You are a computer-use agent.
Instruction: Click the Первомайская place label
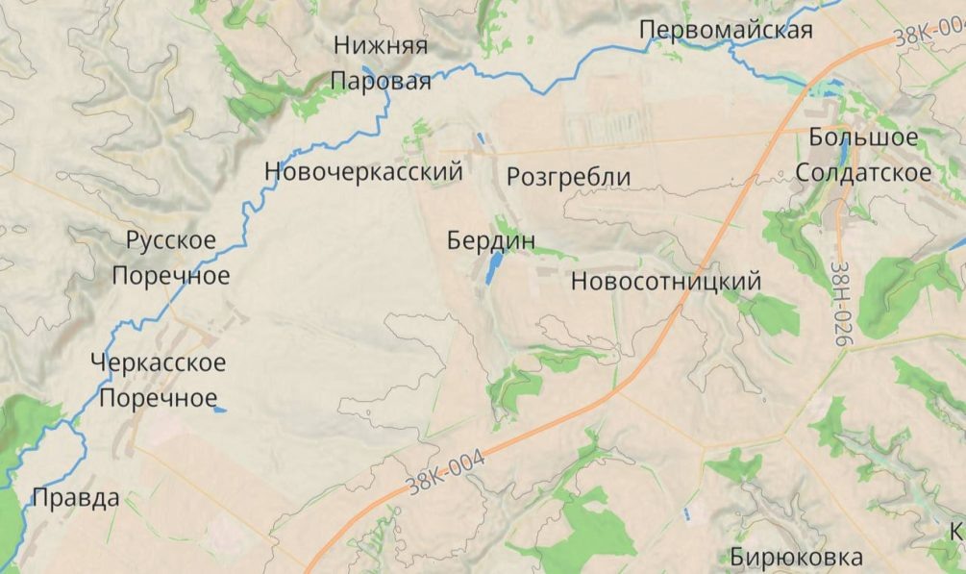coord(727,30)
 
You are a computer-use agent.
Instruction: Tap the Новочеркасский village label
coord(363,172)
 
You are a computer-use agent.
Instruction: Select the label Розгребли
coord(568,177)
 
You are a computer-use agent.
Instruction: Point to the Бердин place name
coord(491,240)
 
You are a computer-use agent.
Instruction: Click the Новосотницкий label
coord(665,282)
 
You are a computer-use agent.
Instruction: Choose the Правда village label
coord(76,498)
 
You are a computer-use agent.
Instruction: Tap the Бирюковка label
coord(796,557)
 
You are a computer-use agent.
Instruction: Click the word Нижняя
coord(381,45)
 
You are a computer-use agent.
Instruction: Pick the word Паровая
coord(381,82)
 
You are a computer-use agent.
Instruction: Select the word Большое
coord(863,137)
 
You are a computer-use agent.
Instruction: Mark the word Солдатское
coord(863,173)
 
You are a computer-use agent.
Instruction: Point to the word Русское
coord(171,240)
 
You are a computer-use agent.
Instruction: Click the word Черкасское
coord(160,363)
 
